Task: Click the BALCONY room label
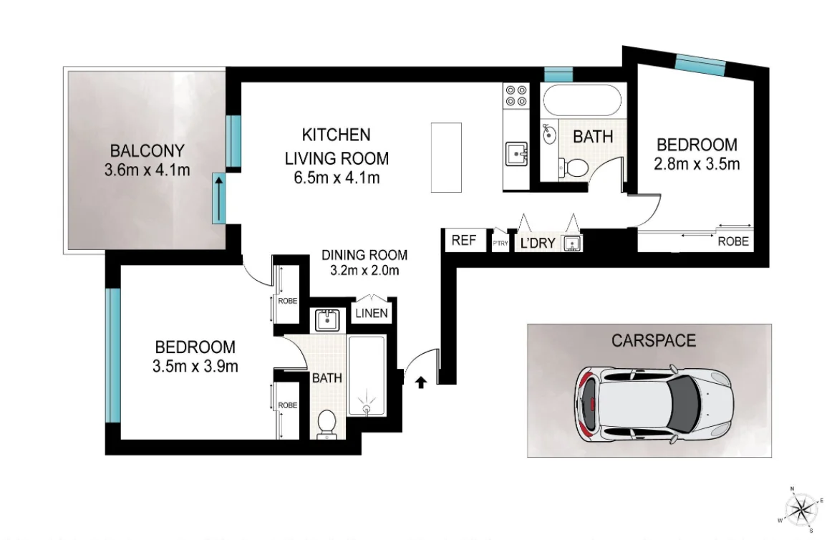coord(147,151)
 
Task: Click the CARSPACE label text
coord(653,340)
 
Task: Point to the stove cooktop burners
coord(516,96)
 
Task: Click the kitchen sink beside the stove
coord(516,153)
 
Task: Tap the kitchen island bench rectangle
coord(446,157)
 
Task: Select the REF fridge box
coord(464,241)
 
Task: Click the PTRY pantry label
coord(500,244)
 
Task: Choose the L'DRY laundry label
coord(537,243)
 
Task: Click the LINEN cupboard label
coord(372,313)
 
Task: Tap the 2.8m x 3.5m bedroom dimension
coord(697,164)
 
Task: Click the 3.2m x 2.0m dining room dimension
coord(364,271)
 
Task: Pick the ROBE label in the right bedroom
coord(734,241)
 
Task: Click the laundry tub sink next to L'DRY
coord(571,244)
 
